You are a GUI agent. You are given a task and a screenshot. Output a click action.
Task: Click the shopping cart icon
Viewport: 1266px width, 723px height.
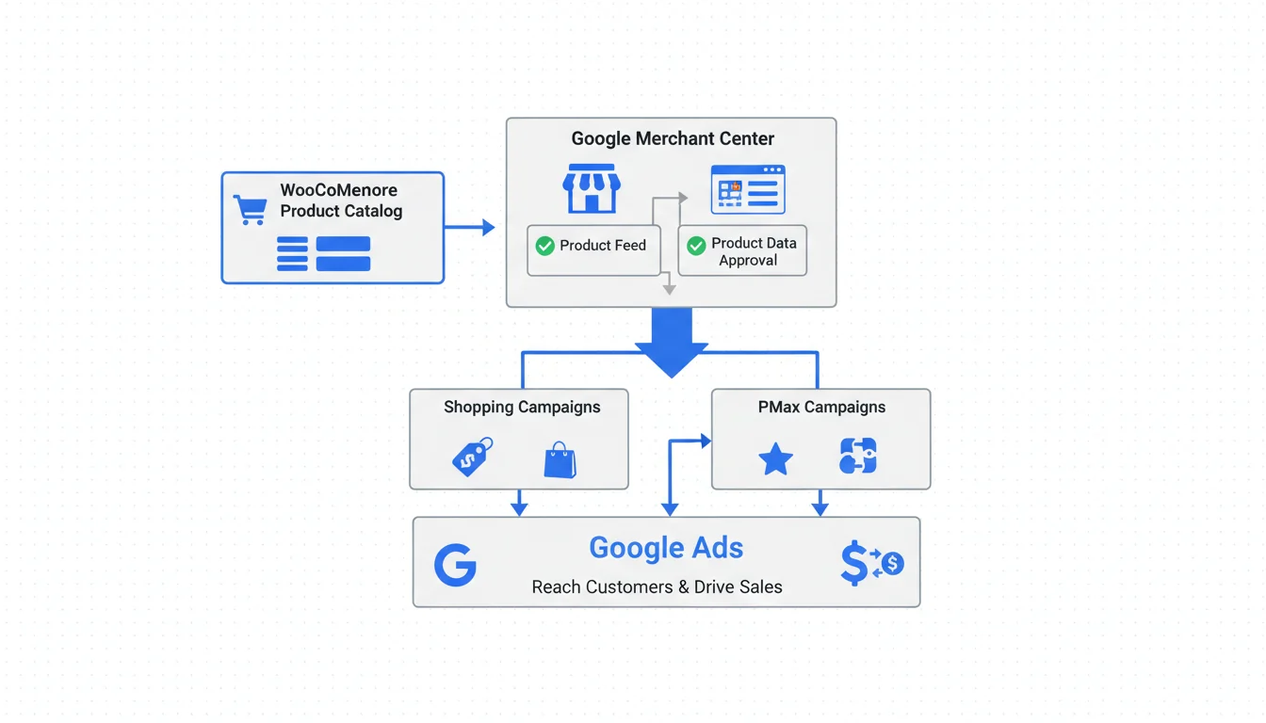[x=250, y=209]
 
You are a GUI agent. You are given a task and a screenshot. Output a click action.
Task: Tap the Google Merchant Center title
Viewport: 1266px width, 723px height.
[x=673, y=138]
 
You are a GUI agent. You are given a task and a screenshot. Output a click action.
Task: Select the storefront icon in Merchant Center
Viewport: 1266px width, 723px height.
[x=592, y=188]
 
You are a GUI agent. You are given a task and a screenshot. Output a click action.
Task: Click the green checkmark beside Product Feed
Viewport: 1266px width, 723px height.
[x=544, y=246]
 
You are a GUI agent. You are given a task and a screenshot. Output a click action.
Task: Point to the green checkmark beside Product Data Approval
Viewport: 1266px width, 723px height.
[x=696, y=246]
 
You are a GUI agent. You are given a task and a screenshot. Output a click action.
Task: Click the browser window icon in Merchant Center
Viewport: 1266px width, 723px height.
[x=748, y=189]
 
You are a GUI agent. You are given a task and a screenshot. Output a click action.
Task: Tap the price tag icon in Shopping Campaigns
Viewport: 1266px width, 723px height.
[x=473, y=458]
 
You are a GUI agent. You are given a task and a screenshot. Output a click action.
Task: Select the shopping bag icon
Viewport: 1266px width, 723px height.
[x=560, y=459]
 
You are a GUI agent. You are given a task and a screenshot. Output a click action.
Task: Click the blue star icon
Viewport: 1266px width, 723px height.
[x=775, y=459]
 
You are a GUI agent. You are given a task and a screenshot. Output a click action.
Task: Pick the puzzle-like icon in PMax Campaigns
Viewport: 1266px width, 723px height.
[x=857, y=456]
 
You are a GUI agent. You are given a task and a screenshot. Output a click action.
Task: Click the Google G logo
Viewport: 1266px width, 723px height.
[x=455, y=565]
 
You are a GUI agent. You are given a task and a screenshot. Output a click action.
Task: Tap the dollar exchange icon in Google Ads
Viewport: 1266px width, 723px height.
[x=870, y=563]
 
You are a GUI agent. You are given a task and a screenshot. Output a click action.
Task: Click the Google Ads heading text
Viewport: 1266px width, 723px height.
[x=666, y=548]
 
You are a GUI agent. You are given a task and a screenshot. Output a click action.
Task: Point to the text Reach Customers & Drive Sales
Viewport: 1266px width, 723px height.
[x=657, y=587]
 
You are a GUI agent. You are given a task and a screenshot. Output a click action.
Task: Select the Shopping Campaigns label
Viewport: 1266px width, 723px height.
[x=522, y=408]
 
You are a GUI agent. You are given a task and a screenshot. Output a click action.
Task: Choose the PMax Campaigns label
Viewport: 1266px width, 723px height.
[x=821, y=408]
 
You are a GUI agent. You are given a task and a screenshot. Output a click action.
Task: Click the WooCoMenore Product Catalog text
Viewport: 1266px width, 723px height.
[x=341, y=201]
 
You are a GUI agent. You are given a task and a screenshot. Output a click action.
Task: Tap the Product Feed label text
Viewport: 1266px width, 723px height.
[x=603, y=246]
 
